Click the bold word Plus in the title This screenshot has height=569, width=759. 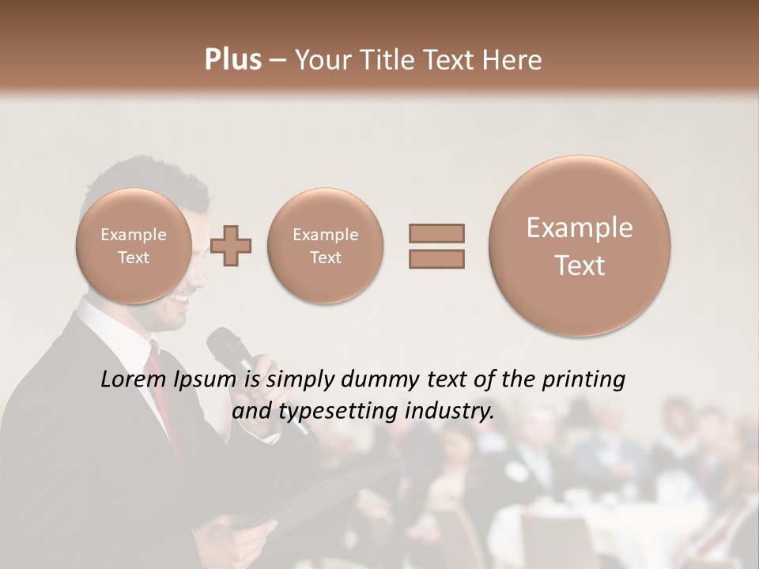tap(232, 60)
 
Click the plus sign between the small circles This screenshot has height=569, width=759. tap(231, 245)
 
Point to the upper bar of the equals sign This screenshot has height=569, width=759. tap(436, 234)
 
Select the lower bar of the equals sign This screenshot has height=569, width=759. tap(436, 258)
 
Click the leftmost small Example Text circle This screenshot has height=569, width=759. tap(133, 245)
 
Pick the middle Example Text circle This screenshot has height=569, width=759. tap(325, 245)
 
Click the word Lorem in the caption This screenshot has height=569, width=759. tap(134, 380)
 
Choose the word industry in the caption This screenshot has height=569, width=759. tap(454, 412)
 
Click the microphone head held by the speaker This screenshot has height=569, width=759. tap(222, 345)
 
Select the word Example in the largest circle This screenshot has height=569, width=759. tap(580, 228)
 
